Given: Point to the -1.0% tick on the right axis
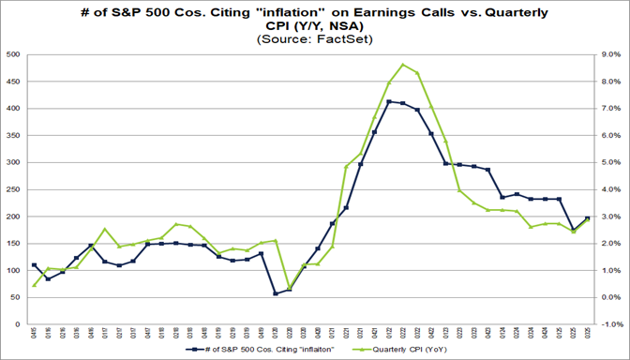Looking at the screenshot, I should (607, 324).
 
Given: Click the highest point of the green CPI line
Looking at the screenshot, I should (402, 65).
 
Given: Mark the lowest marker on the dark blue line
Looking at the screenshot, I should (276, 293).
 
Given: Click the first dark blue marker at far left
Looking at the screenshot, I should (35, 265).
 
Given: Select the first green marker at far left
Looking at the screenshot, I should (35, 285).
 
